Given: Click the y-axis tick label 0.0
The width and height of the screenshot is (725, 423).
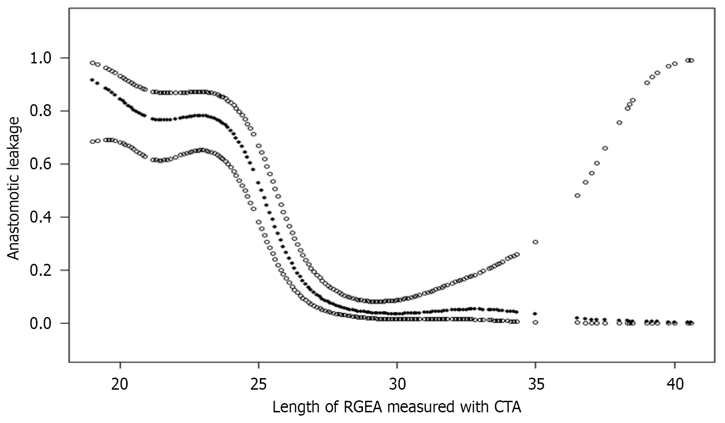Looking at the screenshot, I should [x=42, y=323].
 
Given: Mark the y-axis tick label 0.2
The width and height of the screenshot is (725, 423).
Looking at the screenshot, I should [x=42, y=270].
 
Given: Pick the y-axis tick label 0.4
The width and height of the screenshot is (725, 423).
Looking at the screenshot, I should [x=42, y=217].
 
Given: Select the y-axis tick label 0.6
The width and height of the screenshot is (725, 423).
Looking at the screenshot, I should [x=42, y=164].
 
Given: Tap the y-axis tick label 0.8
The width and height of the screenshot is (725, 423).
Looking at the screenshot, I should [x=42, y=111].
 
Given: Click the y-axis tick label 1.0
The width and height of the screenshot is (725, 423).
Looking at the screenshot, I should [x=42, y=58].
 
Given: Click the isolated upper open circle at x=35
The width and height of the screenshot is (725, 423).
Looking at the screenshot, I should [x=535, y=242].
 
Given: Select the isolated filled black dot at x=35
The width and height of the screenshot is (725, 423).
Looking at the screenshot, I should [x=535, y=314].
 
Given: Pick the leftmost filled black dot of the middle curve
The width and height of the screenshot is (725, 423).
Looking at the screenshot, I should [x=92, y=80].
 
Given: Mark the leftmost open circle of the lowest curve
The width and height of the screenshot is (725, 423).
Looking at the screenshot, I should [x=92, y=142].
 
